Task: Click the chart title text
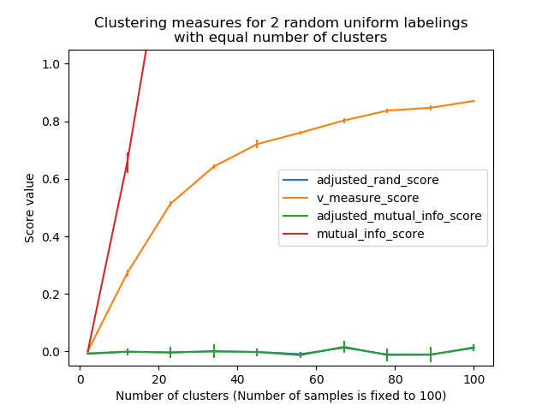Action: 281,30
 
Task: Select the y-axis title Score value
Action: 30,208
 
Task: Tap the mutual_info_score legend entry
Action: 377,233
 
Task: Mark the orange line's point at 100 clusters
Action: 474,101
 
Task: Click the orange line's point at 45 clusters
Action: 257,144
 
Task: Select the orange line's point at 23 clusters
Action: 170,204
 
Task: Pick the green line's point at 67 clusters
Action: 343,347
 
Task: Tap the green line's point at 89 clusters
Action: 430,354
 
